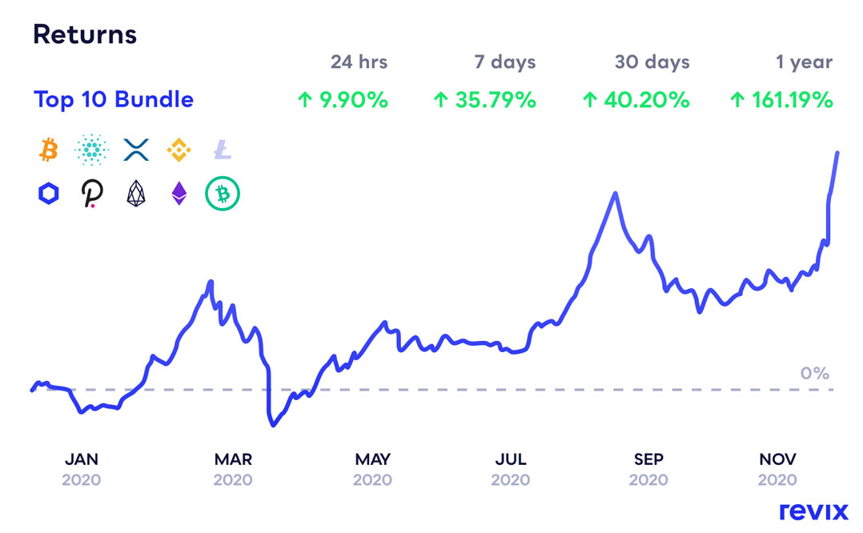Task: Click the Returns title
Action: (x=84, y=34)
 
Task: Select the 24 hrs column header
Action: (x=359, y=62)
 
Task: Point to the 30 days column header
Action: (x=652, y=62)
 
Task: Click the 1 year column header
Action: (x=803, y=62)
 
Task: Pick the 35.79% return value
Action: (x=484, y=100)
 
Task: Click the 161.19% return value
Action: (x=781, y=100)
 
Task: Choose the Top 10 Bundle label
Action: (x=114, y=100)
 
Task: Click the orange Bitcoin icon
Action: (x=48, y=149)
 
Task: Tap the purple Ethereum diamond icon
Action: (x=179, y=194)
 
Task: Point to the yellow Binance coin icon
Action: (x=179, y=149)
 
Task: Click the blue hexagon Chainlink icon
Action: (x=48, y=194)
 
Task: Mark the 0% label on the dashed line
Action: (x=814, y=373)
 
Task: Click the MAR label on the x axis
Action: (x=233, y=459)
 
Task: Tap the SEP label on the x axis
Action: (x=648, y=459)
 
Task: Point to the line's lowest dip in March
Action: (x=273, y=425)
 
